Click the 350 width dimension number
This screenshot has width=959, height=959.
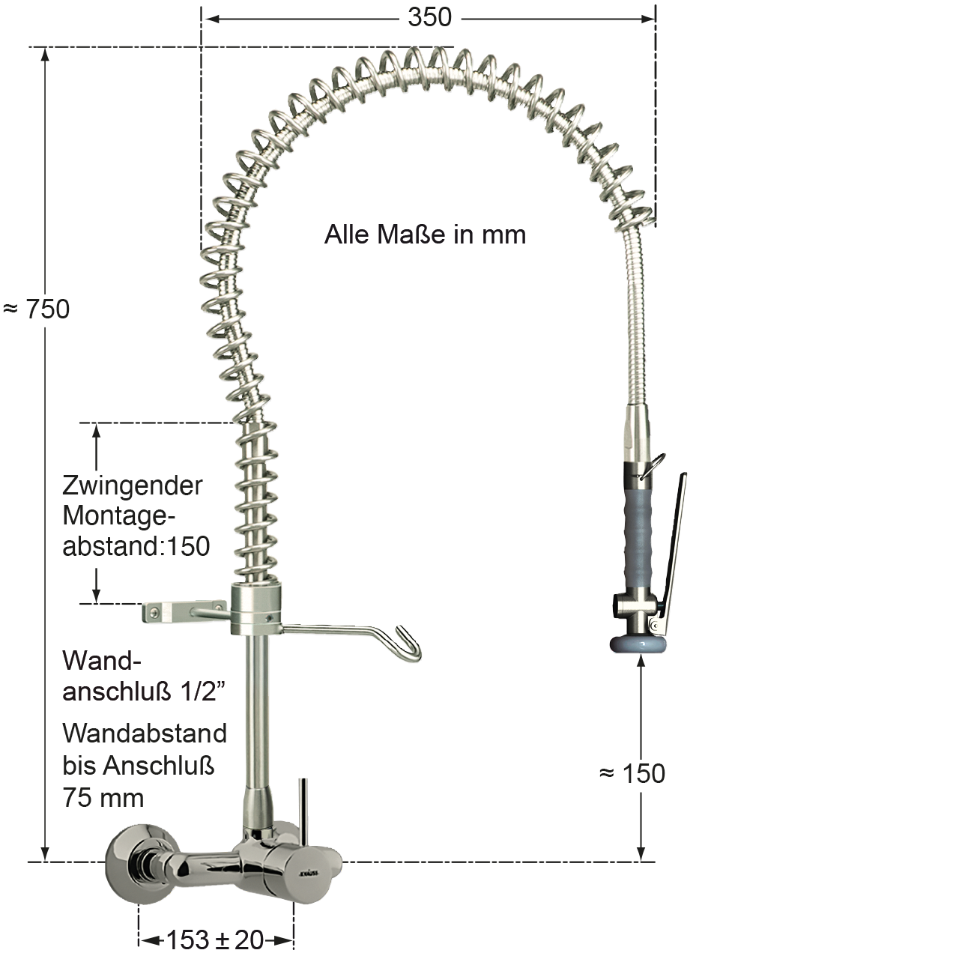(x=429, y=17)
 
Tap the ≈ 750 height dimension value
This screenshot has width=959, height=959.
(x=36, y=309)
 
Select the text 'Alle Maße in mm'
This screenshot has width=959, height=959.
(x=425, y=235)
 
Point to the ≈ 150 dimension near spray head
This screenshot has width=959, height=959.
(x=632, y=773)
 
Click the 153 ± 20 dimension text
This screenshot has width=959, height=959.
(x=214, y=940)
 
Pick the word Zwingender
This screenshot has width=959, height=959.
(x=133, y=485)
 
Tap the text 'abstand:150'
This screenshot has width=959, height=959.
(x=136, y=546)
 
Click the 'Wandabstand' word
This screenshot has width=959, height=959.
(x=145, y=733)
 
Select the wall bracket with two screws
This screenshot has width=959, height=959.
(x=184, y=612)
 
